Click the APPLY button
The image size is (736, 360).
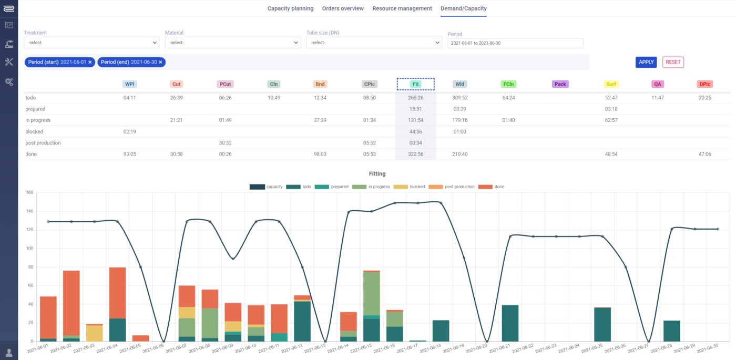click(646, 62)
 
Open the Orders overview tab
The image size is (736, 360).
click(343, 8)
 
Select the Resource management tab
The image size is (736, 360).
click(402, 8)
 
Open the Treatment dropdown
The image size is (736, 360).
click(91, 43)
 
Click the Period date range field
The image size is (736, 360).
click(515, 43)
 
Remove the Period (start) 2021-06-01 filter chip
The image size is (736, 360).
click(90, 62)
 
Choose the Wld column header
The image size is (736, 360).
click(460, 84)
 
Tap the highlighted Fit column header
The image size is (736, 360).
click(416, 84)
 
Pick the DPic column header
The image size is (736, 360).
click(705, 84)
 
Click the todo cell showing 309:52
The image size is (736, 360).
click(460, 98)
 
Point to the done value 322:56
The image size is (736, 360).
click(416, 154)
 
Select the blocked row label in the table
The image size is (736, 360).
click(34, 131)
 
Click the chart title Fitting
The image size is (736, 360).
click(377, 173)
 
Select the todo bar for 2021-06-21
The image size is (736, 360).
click(510, 323)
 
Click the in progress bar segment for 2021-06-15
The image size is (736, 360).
click(371, 293)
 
